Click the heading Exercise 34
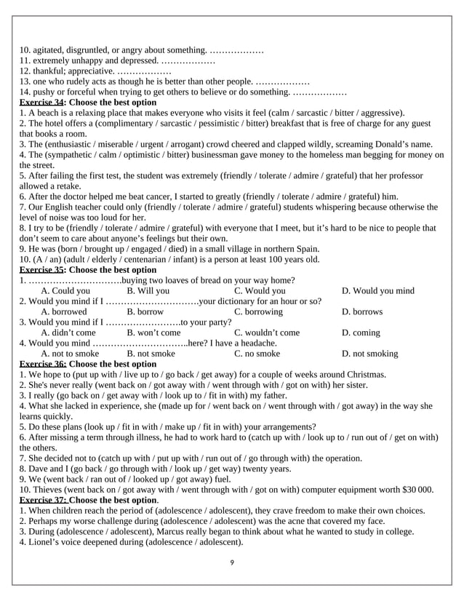point(41,103)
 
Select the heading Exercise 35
point(41,270)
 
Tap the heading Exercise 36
point(42,364)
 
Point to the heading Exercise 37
point(42,501)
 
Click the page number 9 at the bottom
point(231,562)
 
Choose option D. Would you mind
point(377,291)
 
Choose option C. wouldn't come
point(266,333)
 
